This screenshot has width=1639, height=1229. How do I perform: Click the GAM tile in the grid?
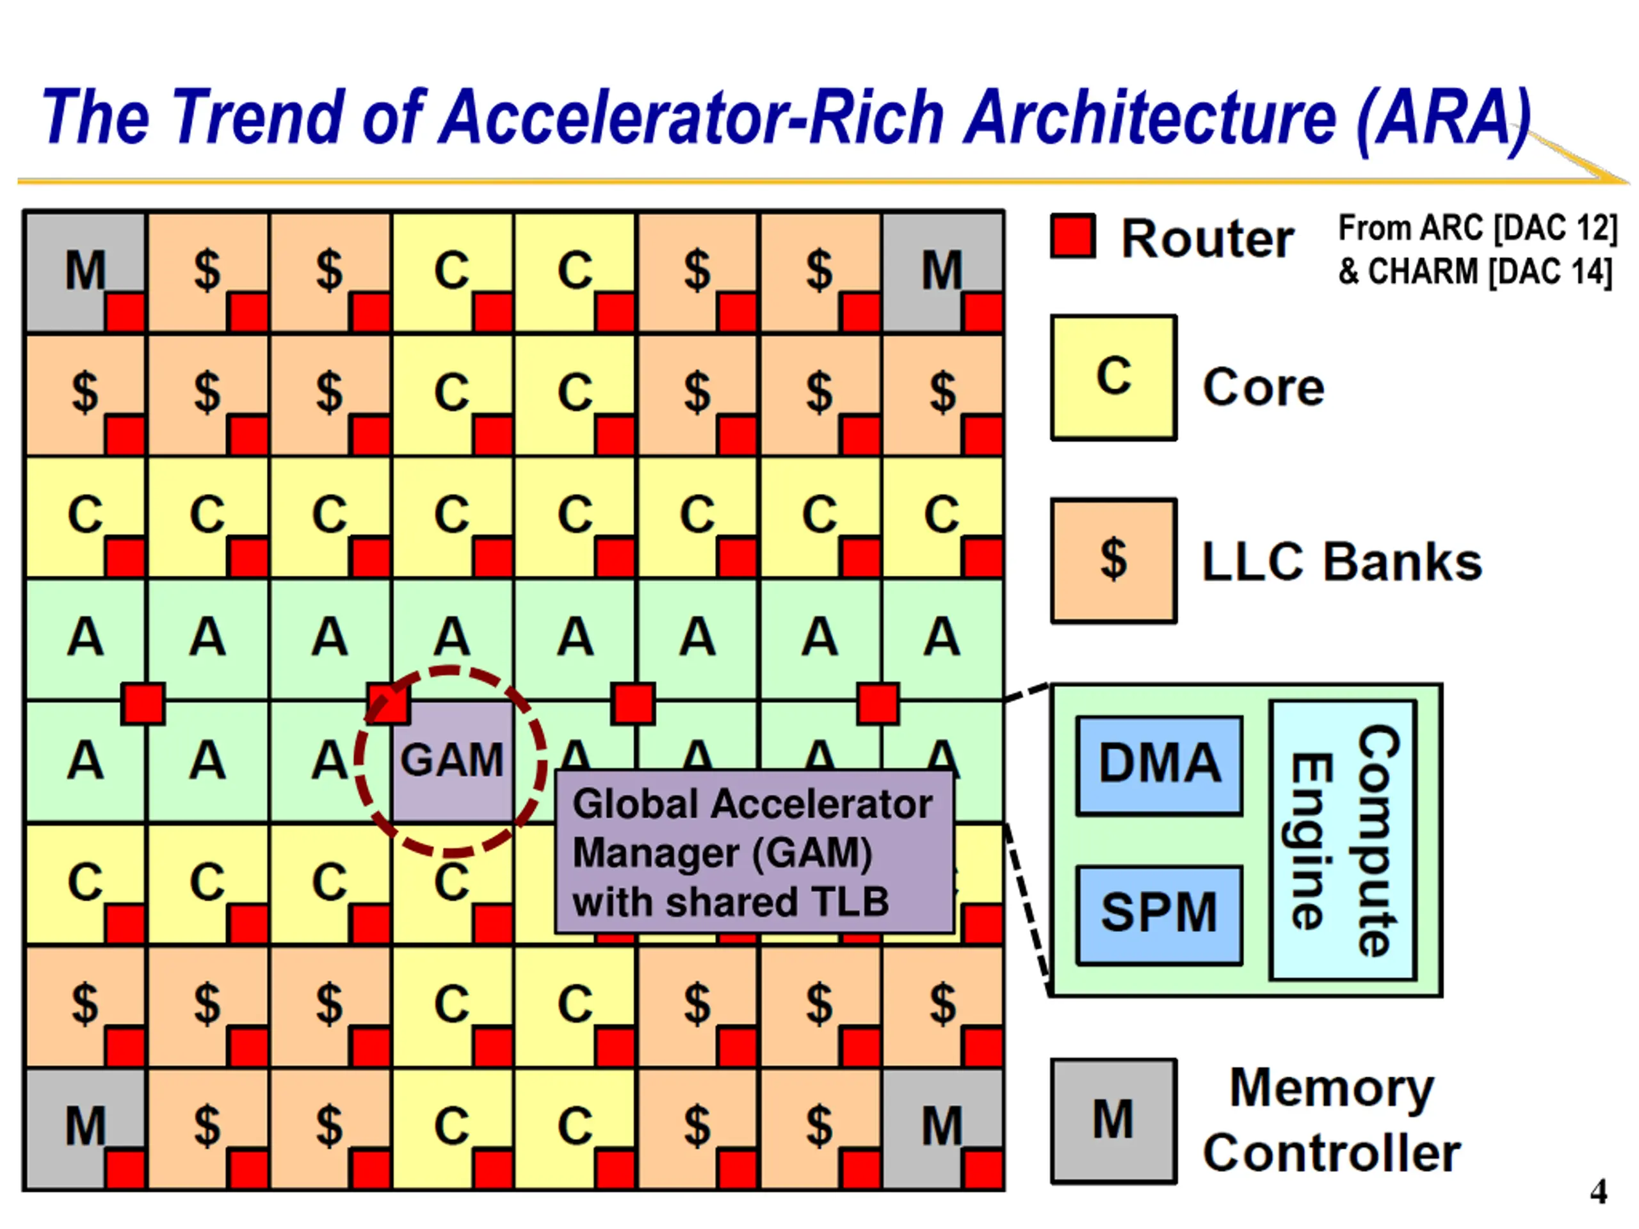click(x=453, y=761)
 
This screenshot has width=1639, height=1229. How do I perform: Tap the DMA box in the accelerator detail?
click(x=1159, y=766)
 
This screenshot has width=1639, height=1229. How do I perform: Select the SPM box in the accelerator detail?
click(x=1159, y=915)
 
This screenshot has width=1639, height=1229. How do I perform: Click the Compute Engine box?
click(x=1343, y=840)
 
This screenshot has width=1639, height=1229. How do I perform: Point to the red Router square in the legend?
click(x=1073, y=236)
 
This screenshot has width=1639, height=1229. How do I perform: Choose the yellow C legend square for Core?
click(x=1113, y=378)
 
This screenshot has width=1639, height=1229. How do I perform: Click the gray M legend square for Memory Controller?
click(x=1113, y=1121)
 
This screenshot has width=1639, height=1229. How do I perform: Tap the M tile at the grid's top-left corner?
click(x=85, y=272)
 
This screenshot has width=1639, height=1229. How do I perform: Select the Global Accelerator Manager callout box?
click(x=754, y=852)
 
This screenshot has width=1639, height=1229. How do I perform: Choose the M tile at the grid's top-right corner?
click(x=942, y=272)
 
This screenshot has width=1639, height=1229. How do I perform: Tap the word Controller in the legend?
click(x=1332, y=1153)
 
